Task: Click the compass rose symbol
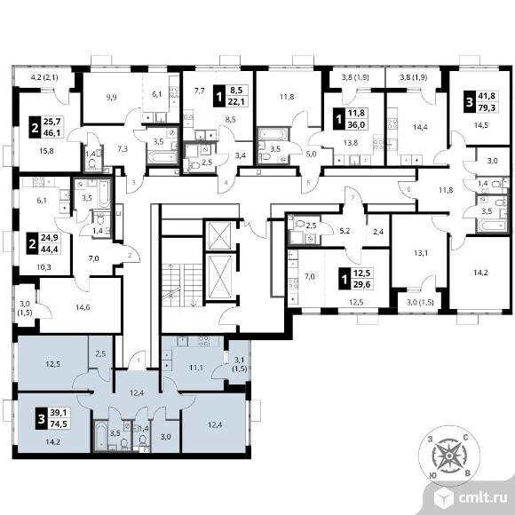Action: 449,456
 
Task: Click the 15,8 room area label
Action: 46,151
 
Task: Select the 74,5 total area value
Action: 59,424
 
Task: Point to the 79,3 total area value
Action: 487,108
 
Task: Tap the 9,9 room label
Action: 112,98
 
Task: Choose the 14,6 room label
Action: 83,308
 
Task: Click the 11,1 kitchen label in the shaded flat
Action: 196,368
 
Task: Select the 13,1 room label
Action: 421,253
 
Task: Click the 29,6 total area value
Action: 361,284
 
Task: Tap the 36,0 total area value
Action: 356,125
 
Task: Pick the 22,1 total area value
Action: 236,102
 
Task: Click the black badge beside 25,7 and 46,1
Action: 35,127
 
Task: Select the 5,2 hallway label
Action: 345,231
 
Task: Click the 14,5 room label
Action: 481,125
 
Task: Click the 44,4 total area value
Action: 49,250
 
